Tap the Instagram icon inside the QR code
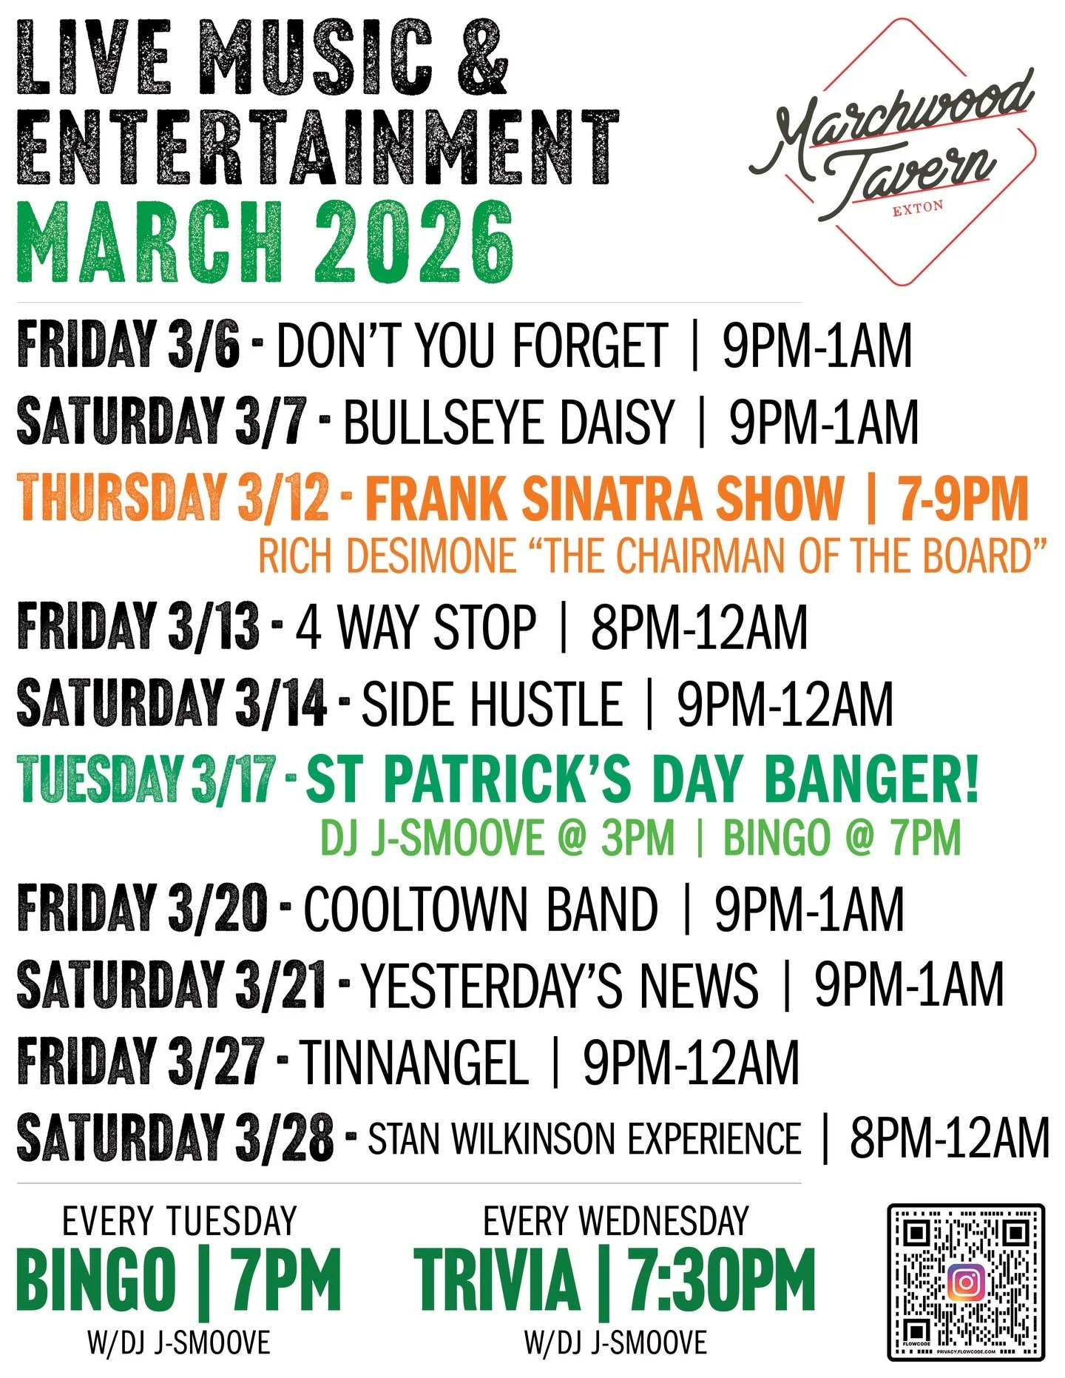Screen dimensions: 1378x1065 coord(965,1281)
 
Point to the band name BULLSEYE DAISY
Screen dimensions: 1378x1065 coord(509,423)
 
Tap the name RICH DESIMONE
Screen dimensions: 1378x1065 coord(386,555)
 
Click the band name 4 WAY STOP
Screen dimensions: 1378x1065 coord(416,628)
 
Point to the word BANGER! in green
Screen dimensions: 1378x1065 coord(871,779)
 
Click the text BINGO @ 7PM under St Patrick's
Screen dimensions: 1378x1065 coord(842,838)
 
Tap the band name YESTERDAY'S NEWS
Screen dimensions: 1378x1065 coord(560,985)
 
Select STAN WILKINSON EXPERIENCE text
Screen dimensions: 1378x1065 coord(584,1139)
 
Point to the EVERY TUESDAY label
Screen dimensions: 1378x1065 coord(179,1221)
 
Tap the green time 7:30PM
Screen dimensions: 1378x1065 coord(721,1280)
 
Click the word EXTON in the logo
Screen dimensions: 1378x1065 coord(918,208)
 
